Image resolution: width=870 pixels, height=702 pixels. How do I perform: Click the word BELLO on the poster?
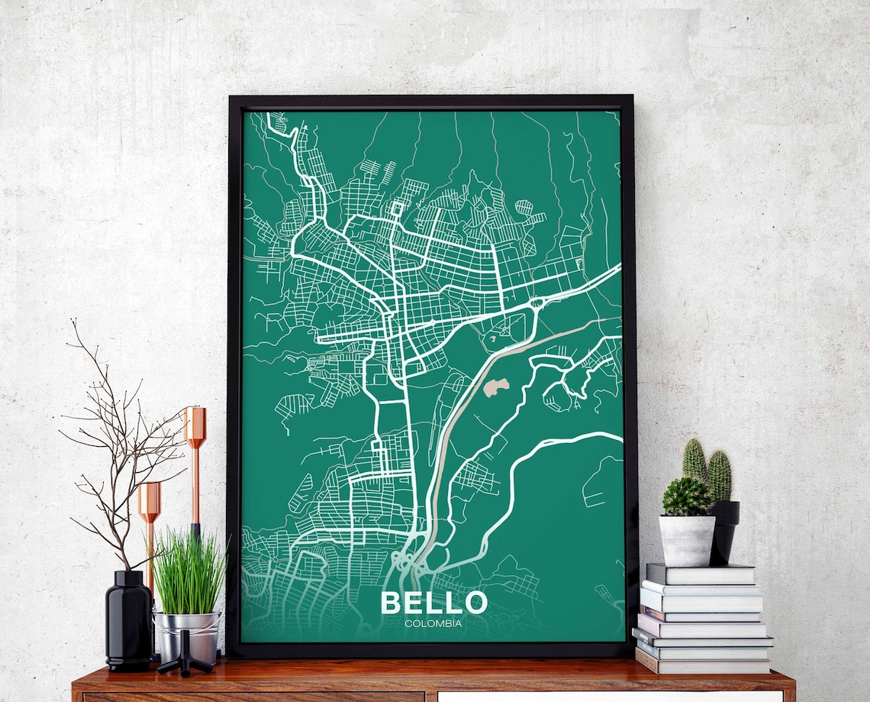pyautogui.click(x=433, y=602)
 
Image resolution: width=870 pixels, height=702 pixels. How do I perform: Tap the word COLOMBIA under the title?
pyautogui.click(x=433, y=623)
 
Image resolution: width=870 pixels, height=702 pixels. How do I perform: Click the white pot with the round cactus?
pyautogui.click(x=687, y=540)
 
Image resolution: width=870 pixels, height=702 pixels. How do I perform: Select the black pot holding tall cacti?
pyautogui.click(x=724, y=531)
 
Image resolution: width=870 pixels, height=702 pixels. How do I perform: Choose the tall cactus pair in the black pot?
pyautogui.click(x=707, y=470)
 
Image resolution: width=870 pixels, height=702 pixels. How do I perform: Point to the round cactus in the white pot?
pyautogui.click(x=686, y=497)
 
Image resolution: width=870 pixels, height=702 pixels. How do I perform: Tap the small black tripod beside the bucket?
pyautogui.click(x=184, y=662)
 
